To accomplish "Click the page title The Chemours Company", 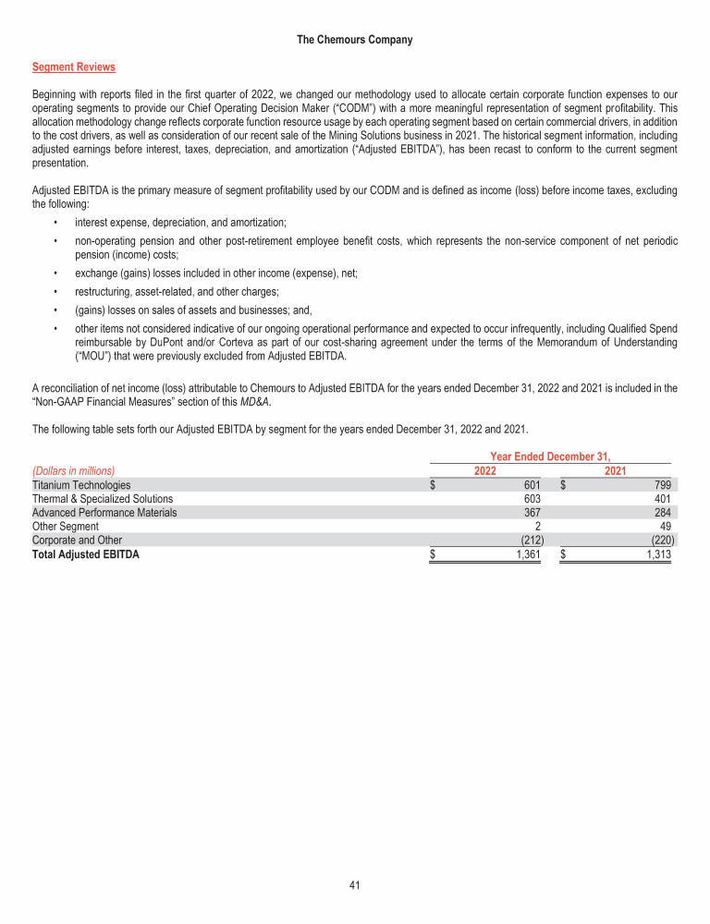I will click(355, 40).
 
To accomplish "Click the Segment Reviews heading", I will click(74, 67).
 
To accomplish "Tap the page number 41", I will click(355, 885).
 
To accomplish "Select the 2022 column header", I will click(485, 470).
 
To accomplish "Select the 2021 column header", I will click(616, 470).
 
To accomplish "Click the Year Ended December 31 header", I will click(551, 456).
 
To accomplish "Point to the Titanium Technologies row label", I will click(81, 485).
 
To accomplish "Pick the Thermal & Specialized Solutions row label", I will click(103, 499).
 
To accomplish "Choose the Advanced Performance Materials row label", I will click(104, 513).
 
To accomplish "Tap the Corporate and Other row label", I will click(77, 541).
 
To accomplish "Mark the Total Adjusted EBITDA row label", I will click(86, 555).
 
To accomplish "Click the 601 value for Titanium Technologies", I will click(532, 485).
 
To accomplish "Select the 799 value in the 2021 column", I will click(662, 485).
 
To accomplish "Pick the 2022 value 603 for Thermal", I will click(532, 499).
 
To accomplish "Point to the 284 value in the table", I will click(662, 513).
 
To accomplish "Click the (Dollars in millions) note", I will click(80, 470).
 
